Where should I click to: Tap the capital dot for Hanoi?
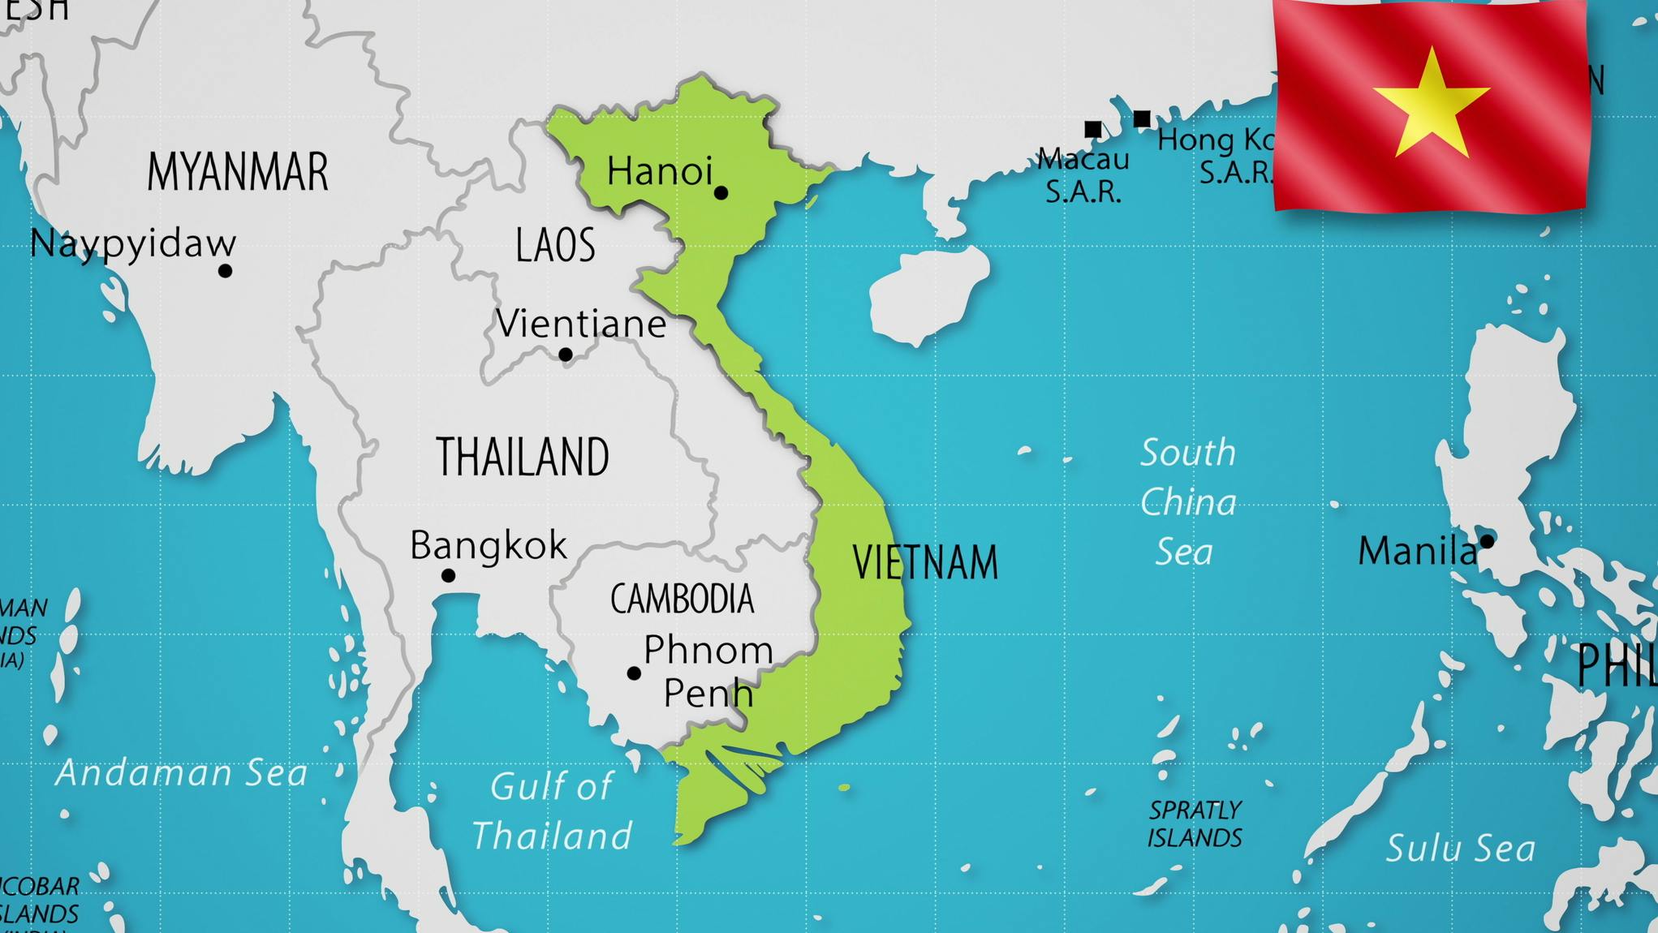pyautogui.click(x=721, y=193)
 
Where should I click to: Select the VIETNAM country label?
pyautogui.click(x=924, y=562)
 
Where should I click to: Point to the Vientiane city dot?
pyautogui.click(x=566, y=355)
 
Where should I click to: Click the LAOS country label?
pyautogui.click(x=555, y=245)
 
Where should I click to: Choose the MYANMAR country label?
pyautogui.click(x=237, y=172)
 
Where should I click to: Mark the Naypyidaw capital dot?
pyautogui.click(x=226, y=271)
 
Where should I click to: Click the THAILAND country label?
pyautogui.click(x=522, y=457)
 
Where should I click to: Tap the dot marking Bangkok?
pyautogui.click(x=448, y=575)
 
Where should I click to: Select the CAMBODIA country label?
pyautogui.click(x=682, y=600)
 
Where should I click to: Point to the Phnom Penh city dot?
pyautogui.click(x=634, y=673)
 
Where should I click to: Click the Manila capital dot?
pyautogui.click(x=1487, y=541)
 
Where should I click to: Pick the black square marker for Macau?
pyautogui.click(x=1093, y=129)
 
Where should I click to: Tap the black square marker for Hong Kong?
pyautogui.click(x=1142, y=119)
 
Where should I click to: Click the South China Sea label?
pyautogui.click(x=1188, y=502)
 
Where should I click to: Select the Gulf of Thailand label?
pyautogui.click(x=552, y=811)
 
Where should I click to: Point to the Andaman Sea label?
pyautogui.click(x=181, y=773)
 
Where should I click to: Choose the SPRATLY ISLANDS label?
pyautogui.click(x=1195, y=823)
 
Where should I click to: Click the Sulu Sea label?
pyautogui.click(x=1460, y=849)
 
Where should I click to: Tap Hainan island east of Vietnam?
pyautogui.click(x=925, y=295)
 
